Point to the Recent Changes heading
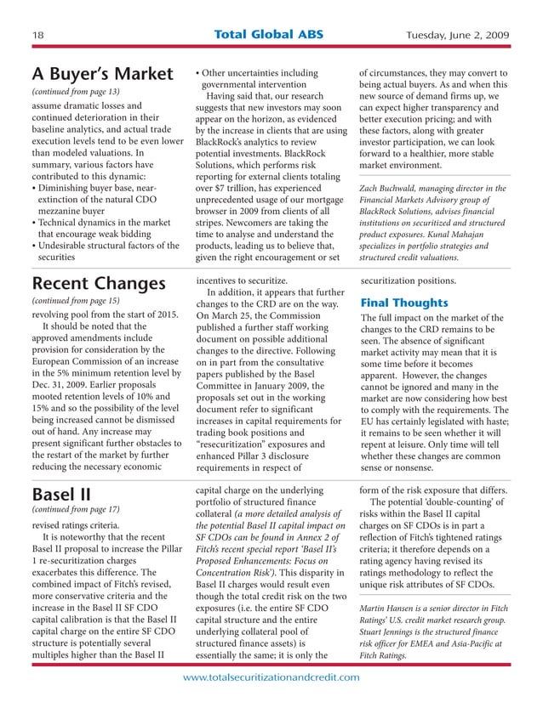[x=98, y=283]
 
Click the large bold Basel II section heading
[x=61, y=494]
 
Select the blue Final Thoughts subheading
[x=403, y=303]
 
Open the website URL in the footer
[x=271, y=677]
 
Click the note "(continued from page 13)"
[x=75, y=91]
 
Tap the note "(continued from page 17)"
[x=75, y=511]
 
